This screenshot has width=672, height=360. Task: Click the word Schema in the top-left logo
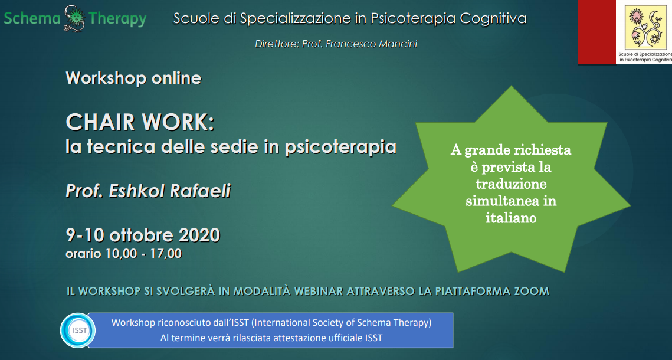pyautogui.click(x=32, y=19)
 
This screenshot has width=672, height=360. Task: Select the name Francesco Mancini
pyautogui.click(x=372, y=44)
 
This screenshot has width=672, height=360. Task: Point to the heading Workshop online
pyautogui.click(x=134, y=78)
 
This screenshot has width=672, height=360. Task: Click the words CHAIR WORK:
pyautogui.click(x=140, y=122)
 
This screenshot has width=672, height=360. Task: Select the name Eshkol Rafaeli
pyautogui.click(x=170, y=191)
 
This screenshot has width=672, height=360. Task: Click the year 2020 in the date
pyautogui.click(x=199, y=235)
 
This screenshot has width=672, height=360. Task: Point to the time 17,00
pyautogui.click(x=166, y=254)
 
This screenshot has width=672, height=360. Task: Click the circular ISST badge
pyautogui.click(x=77, y=330)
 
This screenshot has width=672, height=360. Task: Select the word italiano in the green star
pyautogui.click(x=512, y=218)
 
